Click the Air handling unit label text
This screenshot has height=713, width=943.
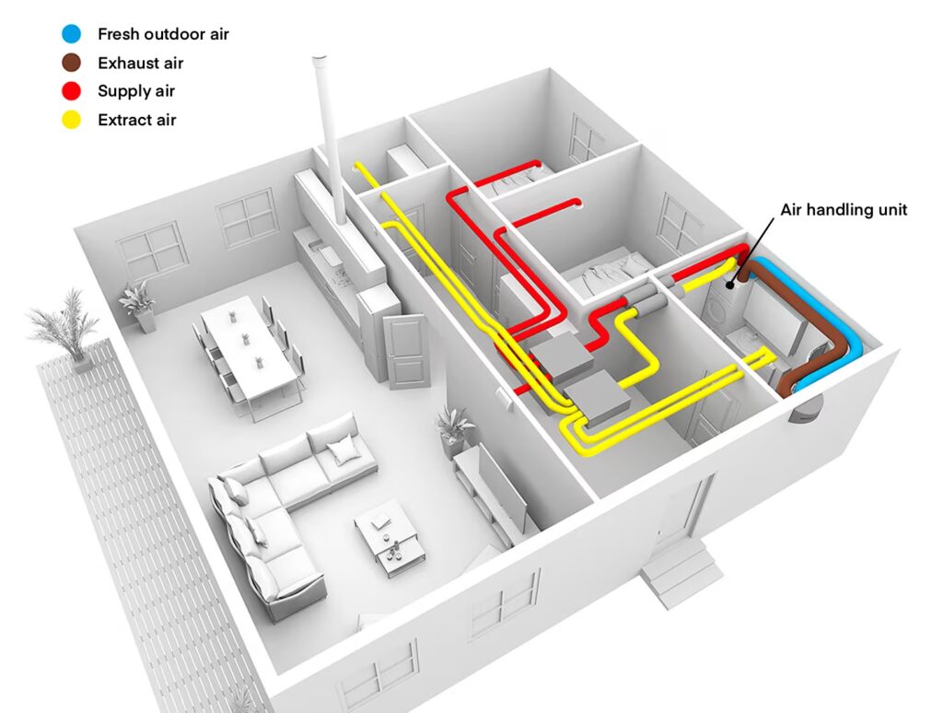click(x=844, y=210)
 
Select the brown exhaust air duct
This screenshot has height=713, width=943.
click(x=810, y=332)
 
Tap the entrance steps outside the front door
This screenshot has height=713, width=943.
click(x=680, y=571)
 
